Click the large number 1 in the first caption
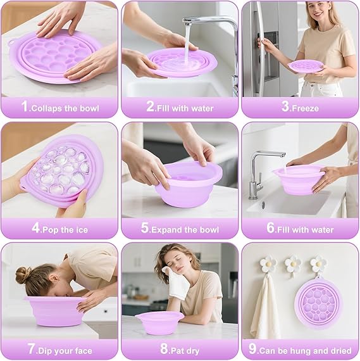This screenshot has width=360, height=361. pos(25,106)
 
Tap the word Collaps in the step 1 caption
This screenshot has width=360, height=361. pos(46,108)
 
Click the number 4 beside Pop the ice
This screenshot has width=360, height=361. pos(35,228)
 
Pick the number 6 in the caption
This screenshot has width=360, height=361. pos(271,228)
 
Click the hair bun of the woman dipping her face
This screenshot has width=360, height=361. pos(23,275)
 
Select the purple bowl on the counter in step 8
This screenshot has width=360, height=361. pos(159,322)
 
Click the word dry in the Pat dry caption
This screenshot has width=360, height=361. pos(192,351)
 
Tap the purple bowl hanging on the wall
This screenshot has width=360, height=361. pos(319,302)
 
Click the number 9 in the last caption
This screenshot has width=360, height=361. pos(252,349)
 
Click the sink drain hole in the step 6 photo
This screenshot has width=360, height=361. pos(263,205)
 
